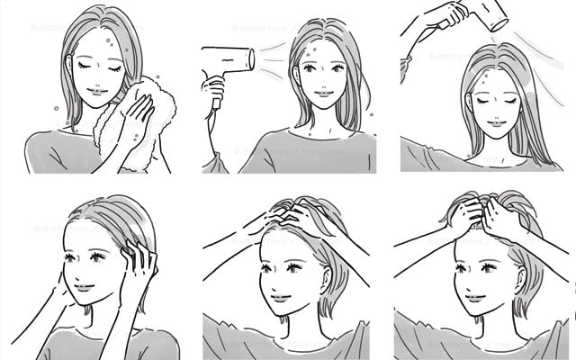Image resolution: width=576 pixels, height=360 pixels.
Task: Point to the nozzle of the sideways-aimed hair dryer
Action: pyautogui.click(x=251, y=58)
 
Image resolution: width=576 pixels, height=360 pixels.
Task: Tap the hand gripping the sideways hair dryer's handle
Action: pyautogui.click(x=214, y=90)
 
